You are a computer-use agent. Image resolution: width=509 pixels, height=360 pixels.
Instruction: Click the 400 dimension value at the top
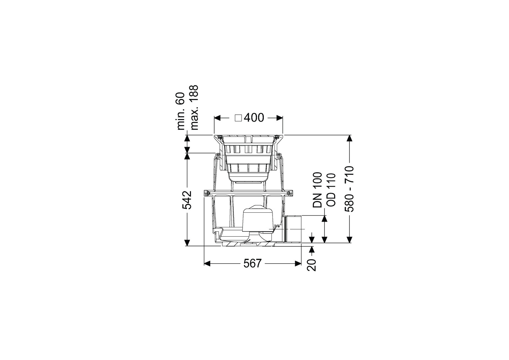(254, 118)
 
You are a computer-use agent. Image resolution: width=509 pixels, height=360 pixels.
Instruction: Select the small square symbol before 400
(239, 118)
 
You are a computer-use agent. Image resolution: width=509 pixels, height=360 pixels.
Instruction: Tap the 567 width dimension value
(253, 264)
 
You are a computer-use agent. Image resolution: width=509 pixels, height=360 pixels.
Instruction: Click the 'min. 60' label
(181, 111)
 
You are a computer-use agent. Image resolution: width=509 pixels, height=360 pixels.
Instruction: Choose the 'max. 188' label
(195, 108)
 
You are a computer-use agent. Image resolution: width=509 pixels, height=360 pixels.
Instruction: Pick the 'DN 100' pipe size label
(317, 190)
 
